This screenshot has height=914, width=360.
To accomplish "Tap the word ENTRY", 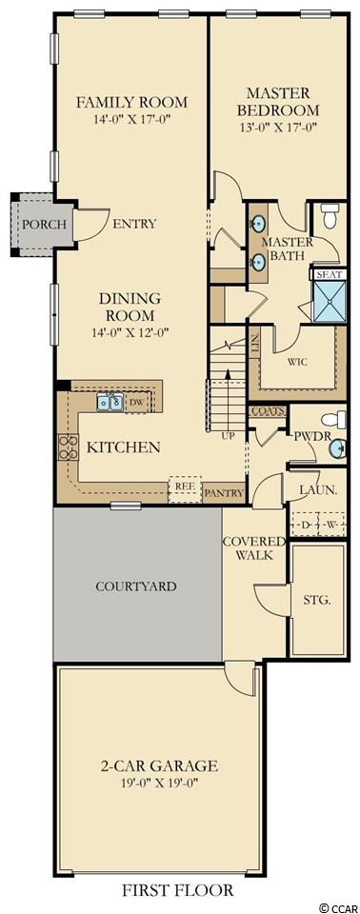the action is (x=134, y=224).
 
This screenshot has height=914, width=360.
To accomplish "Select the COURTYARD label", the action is (x=135, y=586).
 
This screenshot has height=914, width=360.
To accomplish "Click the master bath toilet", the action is (x=330, y=216).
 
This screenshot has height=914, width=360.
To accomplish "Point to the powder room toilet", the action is (x=333, y=419).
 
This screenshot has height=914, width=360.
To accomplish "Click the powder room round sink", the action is (x=336, y=447).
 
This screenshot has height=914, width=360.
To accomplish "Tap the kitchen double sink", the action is (x=110, y=402).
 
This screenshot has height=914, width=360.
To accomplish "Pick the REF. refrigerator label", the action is (x=185, y=485).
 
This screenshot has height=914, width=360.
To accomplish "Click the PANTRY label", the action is (x=224, y=493).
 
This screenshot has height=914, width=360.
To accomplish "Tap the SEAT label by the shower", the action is (x=330, y=274).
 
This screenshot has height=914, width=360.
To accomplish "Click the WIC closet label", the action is (x=297, y=362).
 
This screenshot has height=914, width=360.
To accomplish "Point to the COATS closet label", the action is (x=268, y=411).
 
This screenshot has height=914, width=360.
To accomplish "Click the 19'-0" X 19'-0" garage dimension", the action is (x=159, y=783).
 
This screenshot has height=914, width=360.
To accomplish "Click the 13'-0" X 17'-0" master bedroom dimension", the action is (x=277, y=126).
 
